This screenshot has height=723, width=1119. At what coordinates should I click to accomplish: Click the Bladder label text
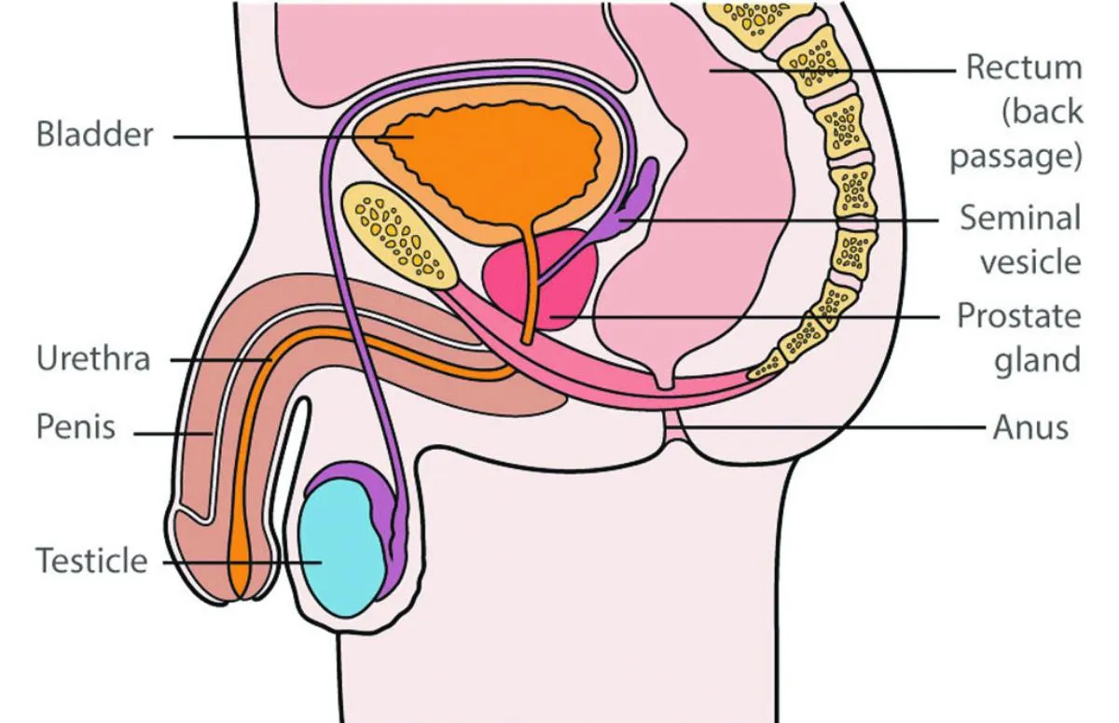pos(94,134)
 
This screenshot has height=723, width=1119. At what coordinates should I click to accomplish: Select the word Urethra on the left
pos(92,359)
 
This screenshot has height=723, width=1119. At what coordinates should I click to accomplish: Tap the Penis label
pos(76,427)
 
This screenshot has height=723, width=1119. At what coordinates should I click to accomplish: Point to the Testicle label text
pos(91,562)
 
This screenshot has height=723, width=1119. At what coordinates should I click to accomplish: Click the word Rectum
pos(1023,67)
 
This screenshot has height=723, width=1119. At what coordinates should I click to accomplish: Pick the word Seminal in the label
pos(1020,218)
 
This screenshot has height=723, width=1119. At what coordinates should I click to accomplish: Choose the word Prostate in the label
pos(1019,316)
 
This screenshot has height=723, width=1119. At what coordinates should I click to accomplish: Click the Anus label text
pos(1029,428)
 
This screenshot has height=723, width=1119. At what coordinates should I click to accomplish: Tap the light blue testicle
pos(343,550)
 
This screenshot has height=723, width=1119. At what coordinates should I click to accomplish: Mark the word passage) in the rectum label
pos(1015,155)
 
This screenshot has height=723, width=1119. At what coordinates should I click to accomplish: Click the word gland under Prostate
pos(1036,360)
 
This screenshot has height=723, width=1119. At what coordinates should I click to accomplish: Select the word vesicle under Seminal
pos(1029,262)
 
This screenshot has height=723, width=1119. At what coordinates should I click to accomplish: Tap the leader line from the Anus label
pos(839,428)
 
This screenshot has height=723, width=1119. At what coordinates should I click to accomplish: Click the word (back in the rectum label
pos(1042,111)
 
